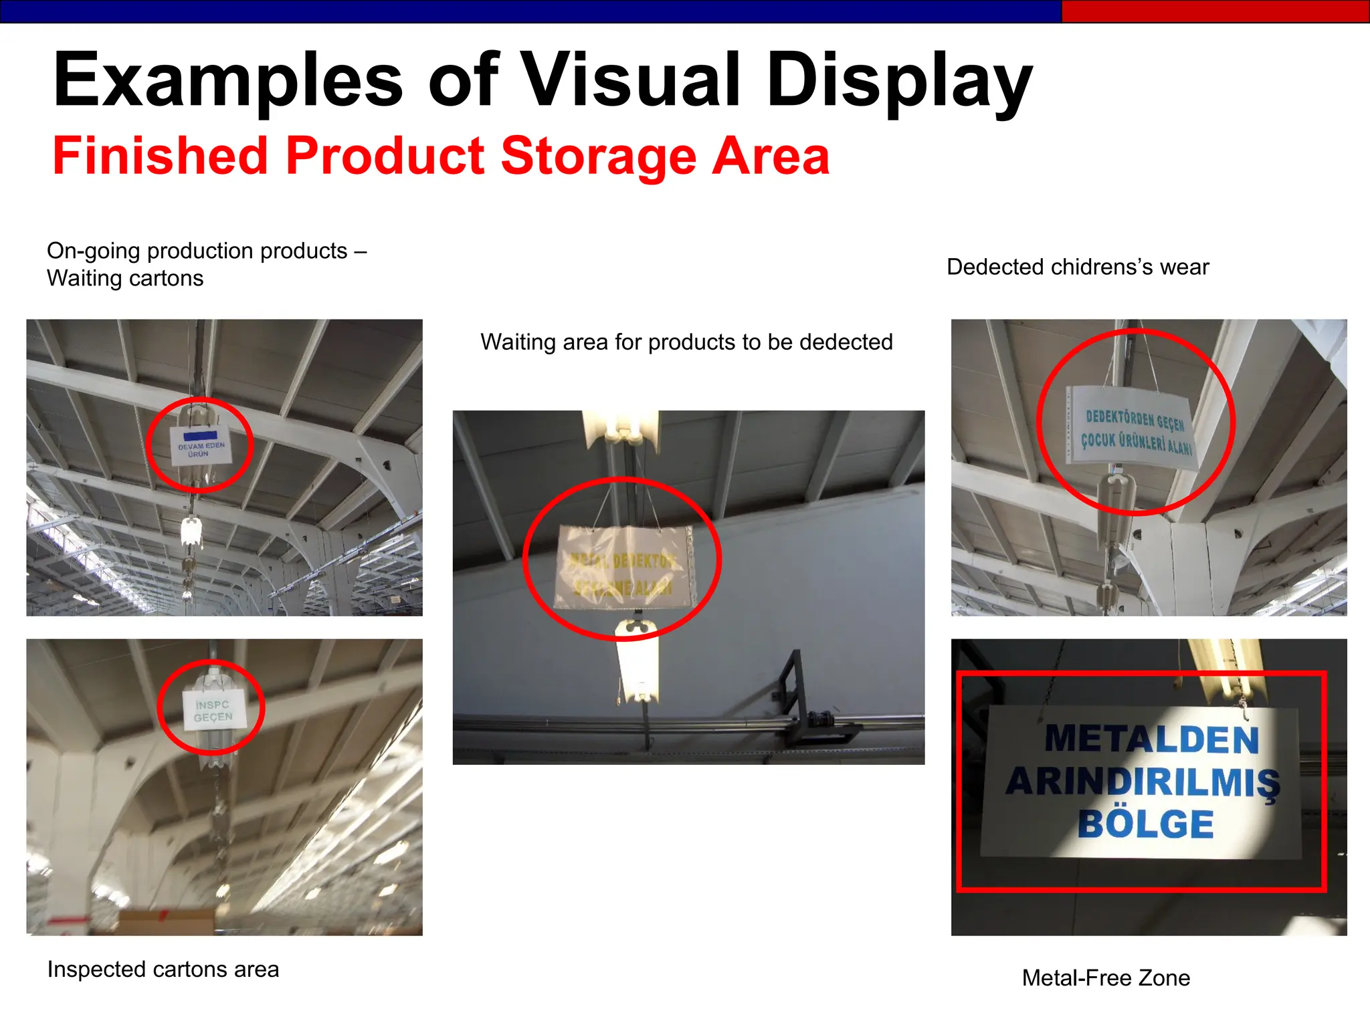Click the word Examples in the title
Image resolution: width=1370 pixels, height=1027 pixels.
(x=227, y=80)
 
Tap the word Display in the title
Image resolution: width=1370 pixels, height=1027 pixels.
(x=900, y=80)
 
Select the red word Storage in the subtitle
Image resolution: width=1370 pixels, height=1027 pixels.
(x=599, y=156)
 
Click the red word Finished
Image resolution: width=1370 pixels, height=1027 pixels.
(x=161, y=156)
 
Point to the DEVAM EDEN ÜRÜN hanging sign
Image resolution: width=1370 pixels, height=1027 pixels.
(x=201, y=444)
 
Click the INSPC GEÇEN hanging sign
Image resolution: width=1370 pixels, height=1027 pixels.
(x=213, y=710)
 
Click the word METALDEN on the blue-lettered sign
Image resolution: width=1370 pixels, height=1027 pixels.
(x=1151, y=739)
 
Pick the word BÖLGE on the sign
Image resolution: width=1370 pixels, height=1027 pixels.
(x=1145, y=824)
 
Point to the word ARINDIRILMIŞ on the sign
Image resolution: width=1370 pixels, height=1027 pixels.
(x=1143, y=781)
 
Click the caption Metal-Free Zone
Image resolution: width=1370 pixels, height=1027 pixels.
(x=1106, y=978)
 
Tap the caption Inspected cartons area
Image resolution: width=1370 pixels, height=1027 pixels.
(x=163, y=969)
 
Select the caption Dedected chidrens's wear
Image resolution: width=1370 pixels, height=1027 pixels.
(x=1078, y=267)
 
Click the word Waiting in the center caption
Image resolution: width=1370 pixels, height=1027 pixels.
(x=518, y=342)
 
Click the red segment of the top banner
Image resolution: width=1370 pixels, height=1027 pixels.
(x=1214, y=11)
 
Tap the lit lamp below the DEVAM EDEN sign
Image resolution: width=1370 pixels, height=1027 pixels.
(x=191, y=532)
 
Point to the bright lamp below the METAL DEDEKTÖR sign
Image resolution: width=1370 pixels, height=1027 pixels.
(x=638, y=662)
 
